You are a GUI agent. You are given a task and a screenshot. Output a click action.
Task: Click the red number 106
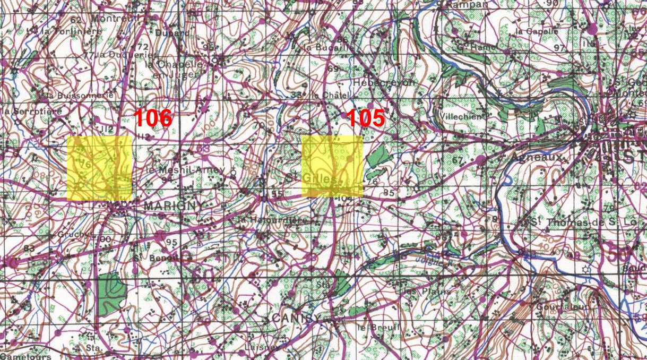coord(153,118)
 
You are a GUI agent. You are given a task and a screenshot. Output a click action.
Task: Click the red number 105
coord(365,118)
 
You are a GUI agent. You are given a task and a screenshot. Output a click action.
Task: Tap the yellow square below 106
coord(99,168)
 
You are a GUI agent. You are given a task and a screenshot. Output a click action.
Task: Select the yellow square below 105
coord(332,166)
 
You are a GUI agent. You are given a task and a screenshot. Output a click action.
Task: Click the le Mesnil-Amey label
coord(186,170)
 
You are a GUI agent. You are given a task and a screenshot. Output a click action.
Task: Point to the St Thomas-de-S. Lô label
coord(568,222)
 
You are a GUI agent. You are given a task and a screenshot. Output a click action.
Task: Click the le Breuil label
coord(377,328)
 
